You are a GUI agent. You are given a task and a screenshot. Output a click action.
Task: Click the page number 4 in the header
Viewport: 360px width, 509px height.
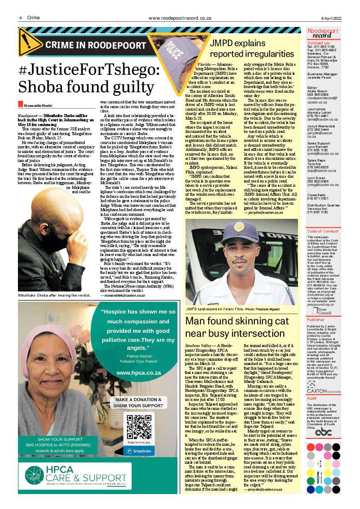pos(20,18)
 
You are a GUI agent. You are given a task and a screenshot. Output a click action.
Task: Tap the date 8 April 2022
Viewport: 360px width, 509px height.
pos(331,18)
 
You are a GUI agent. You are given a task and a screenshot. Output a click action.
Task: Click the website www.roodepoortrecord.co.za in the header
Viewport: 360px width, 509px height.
pos(180,18)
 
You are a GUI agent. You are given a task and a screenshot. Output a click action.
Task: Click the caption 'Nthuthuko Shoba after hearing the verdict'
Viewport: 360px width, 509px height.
pos(53,295)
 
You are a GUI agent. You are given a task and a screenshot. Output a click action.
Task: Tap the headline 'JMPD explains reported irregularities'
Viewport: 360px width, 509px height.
pos(252,49)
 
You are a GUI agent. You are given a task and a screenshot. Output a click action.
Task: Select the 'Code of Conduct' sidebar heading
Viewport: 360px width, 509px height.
pos(323,231)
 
